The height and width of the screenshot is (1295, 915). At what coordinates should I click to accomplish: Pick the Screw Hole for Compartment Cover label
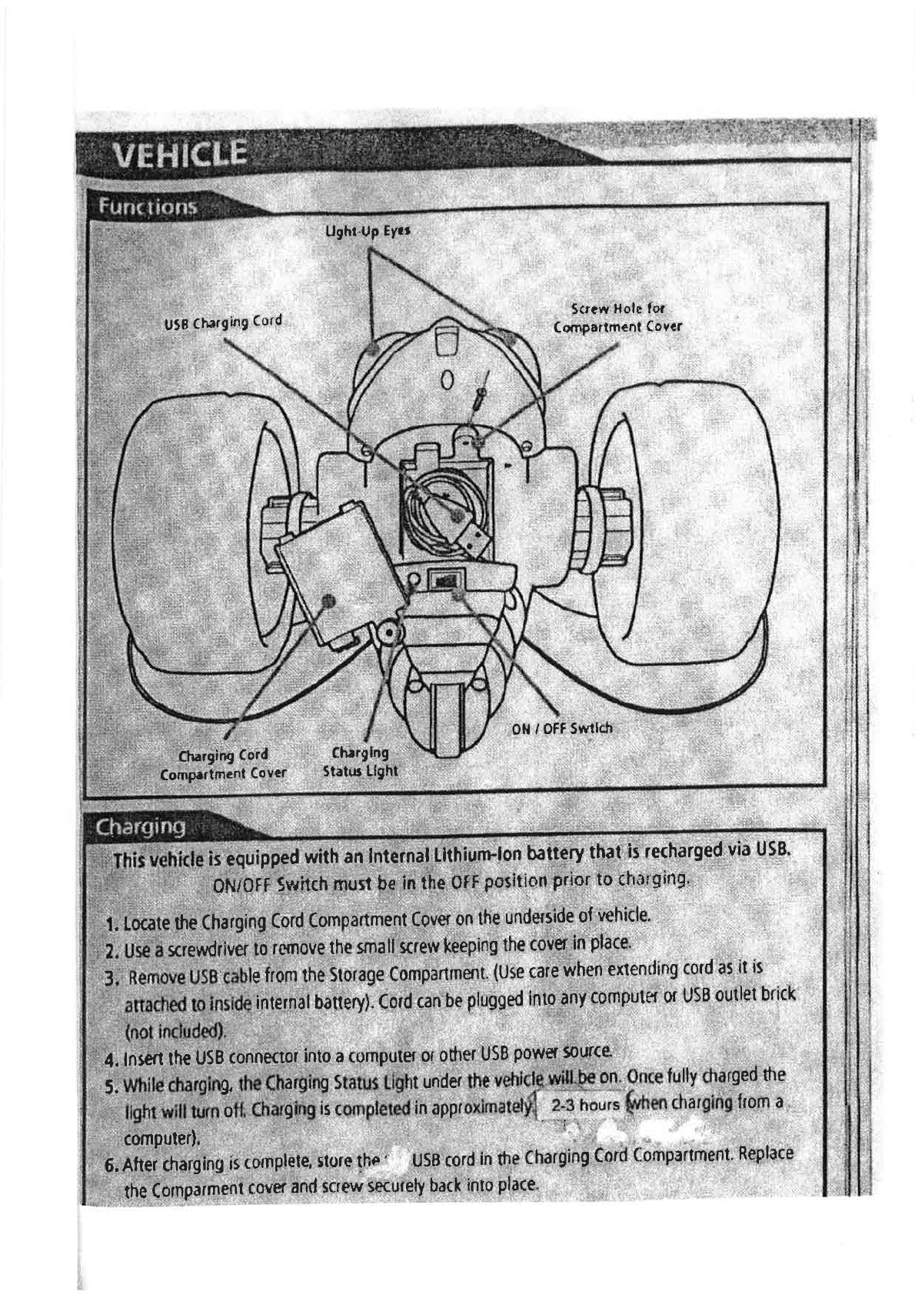(618, 318)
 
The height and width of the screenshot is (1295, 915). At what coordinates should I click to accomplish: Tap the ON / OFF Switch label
(562, 728)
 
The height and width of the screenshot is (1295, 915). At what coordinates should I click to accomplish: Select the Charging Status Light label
(360, 761)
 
